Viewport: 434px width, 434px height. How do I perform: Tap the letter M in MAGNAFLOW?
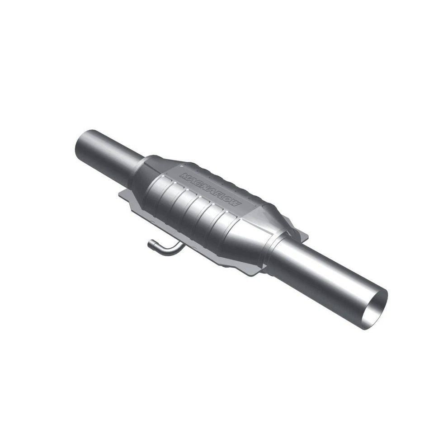pos(184,176)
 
